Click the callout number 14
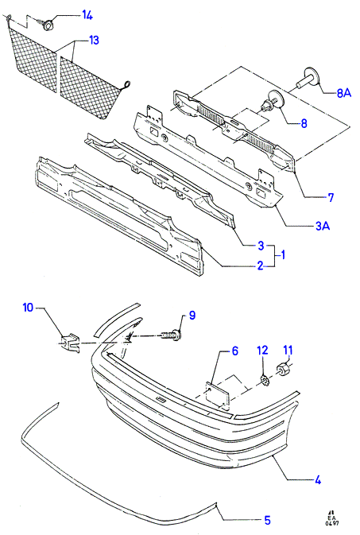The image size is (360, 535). [x=87, y=15]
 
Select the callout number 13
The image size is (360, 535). [x=94, y=41]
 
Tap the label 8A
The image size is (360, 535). [x=343, y=93]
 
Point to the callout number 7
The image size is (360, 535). [x=331, y=197]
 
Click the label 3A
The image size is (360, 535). [x=323, y=226]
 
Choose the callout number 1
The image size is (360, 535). [x=283, y=255]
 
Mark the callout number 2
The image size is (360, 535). [x=260, y=265]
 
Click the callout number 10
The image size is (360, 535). [x=28, y=308]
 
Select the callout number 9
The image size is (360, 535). [x=192, y=316]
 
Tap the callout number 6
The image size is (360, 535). [x=234, y=351]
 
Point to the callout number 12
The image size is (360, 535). [x=263, y=350]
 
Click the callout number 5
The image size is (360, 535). [x=267, y=520]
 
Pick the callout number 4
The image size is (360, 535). [x=318, y=480]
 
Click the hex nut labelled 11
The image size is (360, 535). [x=283, y=369]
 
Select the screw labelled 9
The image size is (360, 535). [x=170, y=335]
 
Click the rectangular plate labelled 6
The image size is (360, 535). [x=218, y=395]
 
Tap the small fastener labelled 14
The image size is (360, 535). [x=48, y=24]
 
